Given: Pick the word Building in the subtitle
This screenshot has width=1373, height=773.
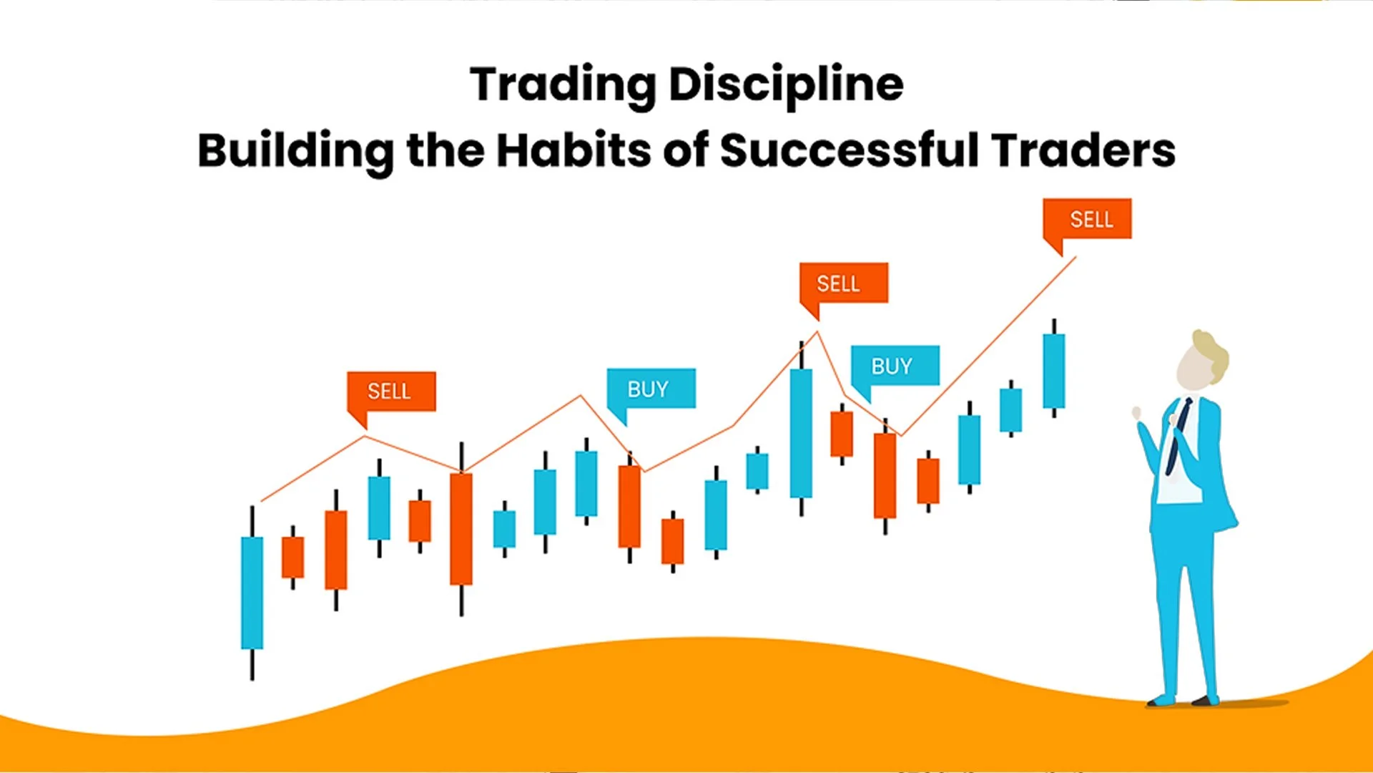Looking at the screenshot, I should [295, 152].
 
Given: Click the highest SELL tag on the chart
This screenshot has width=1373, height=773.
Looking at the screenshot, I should [1087, 219].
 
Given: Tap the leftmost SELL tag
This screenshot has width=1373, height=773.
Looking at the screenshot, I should [390, 391].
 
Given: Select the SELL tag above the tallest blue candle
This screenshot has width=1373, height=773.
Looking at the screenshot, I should [843, 283].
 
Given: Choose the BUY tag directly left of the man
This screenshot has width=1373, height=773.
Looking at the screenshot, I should [894, 366].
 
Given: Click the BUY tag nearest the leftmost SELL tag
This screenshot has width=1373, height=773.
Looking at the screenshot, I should [650, 389].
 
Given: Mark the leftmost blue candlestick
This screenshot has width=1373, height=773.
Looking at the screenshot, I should [252, 593].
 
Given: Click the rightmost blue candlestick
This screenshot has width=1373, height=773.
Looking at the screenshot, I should [1053, 371].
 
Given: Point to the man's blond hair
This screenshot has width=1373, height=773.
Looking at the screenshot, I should [1212, 351].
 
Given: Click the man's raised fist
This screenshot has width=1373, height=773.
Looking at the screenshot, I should [1137, 414].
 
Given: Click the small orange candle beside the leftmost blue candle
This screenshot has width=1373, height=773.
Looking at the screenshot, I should [292, 557].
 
